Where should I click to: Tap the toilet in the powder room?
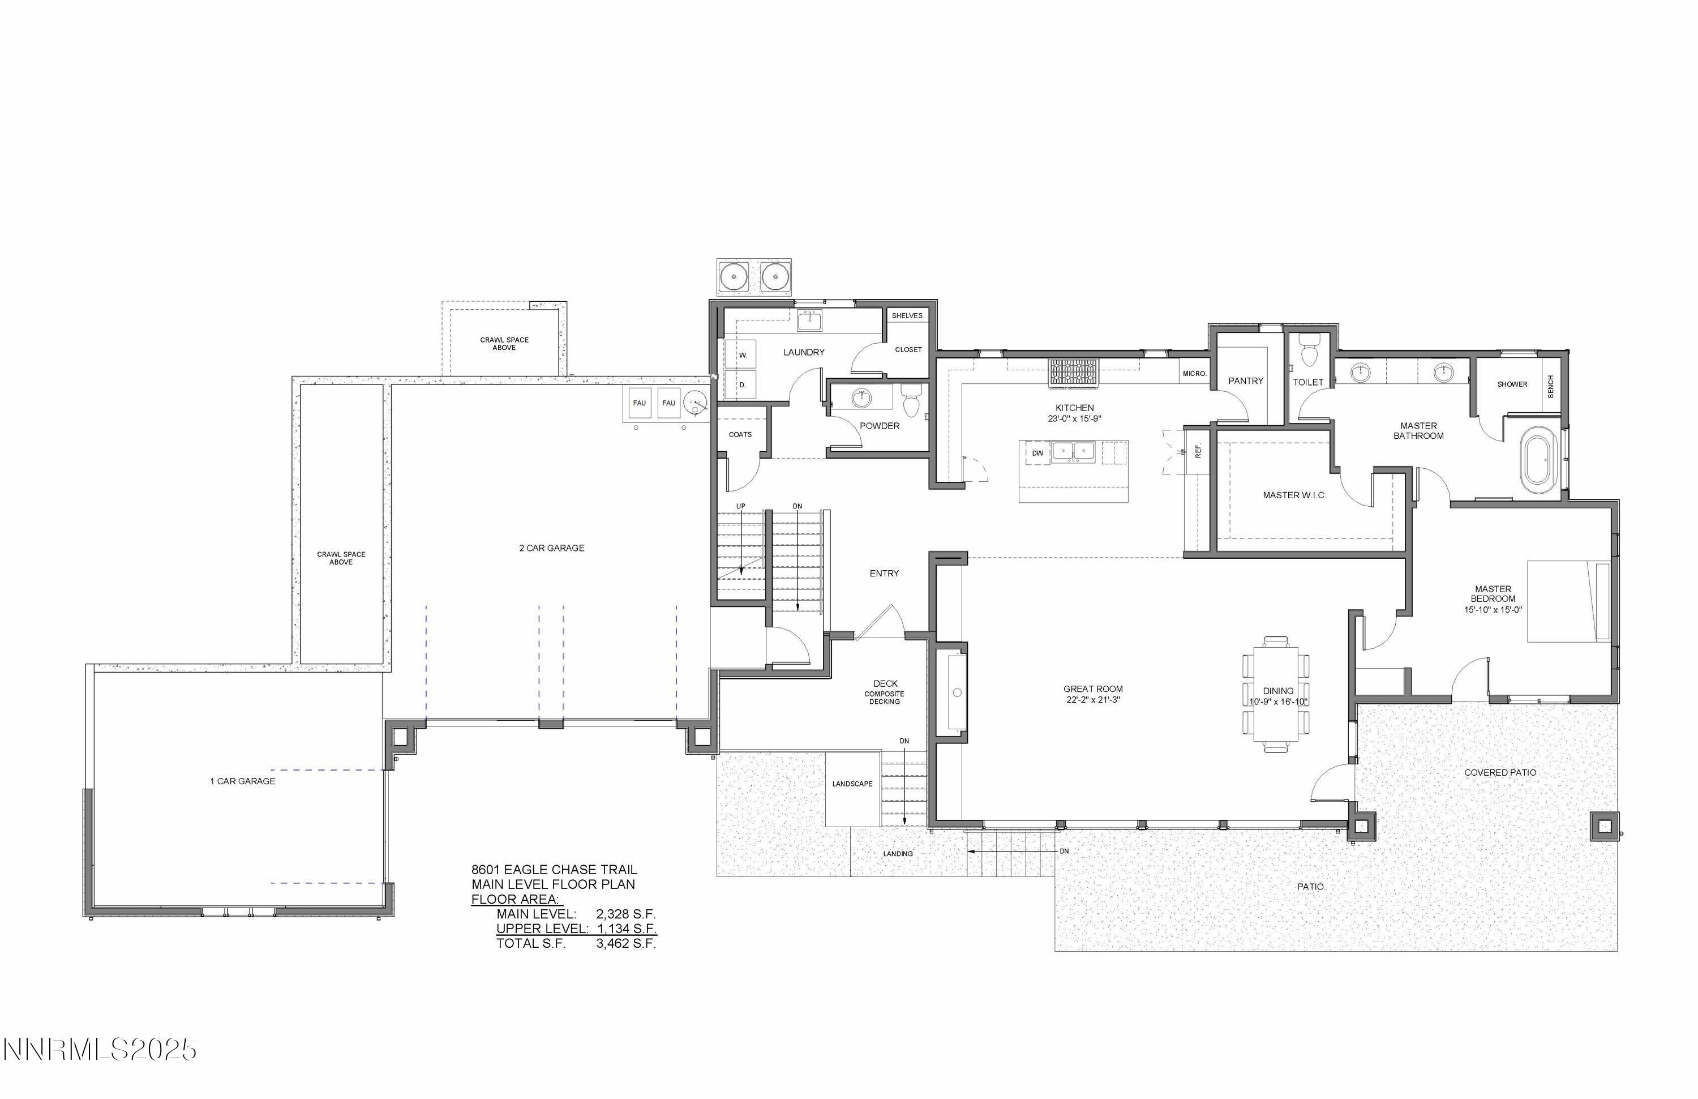pos(911,402)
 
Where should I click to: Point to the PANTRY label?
pos(1246,381)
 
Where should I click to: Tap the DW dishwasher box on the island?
pos(1037,453)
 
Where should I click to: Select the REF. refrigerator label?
pos(1199,450)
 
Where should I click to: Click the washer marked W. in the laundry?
pos(742,354)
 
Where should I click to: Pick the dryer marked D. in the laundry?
pos(742,384)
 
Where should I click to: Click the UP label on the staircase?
pos(740,506)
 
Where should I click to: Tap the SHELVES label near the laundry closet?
pos(907,315)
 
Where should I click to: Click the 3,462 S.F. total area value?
pos(625,943)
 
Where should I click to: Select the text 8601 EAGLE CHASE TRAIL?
pos(554,869)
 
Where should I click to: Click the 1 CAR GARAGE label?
pos(243,781)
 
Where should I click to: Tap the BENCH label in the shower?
pos(1550,387)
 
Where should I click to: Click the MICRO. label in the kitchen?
pos(1194,374)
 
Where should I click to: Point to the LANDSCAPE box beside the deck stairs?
pos(852,784)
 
